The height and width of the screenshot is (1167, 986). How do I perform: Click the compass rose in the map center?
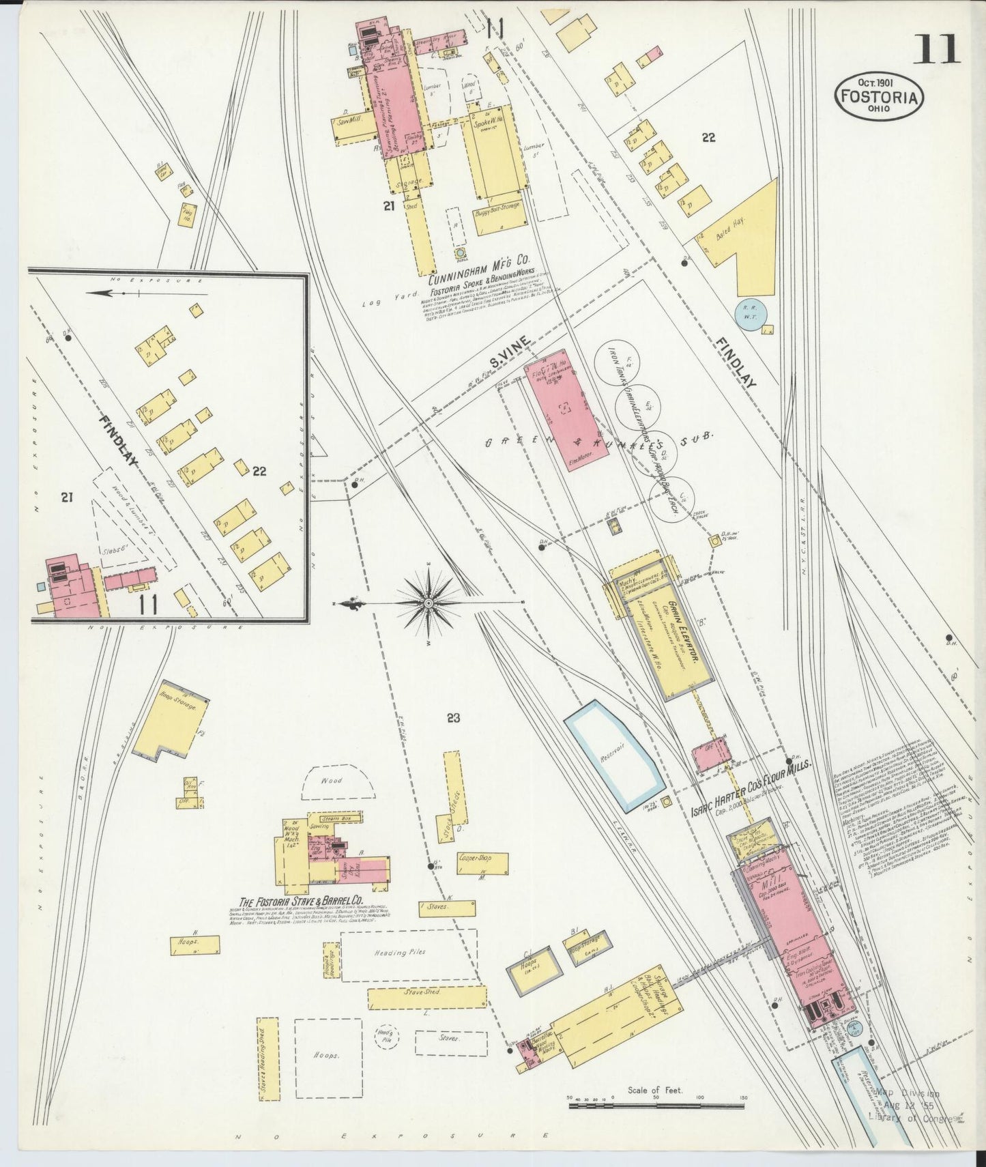pos(428,603)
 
